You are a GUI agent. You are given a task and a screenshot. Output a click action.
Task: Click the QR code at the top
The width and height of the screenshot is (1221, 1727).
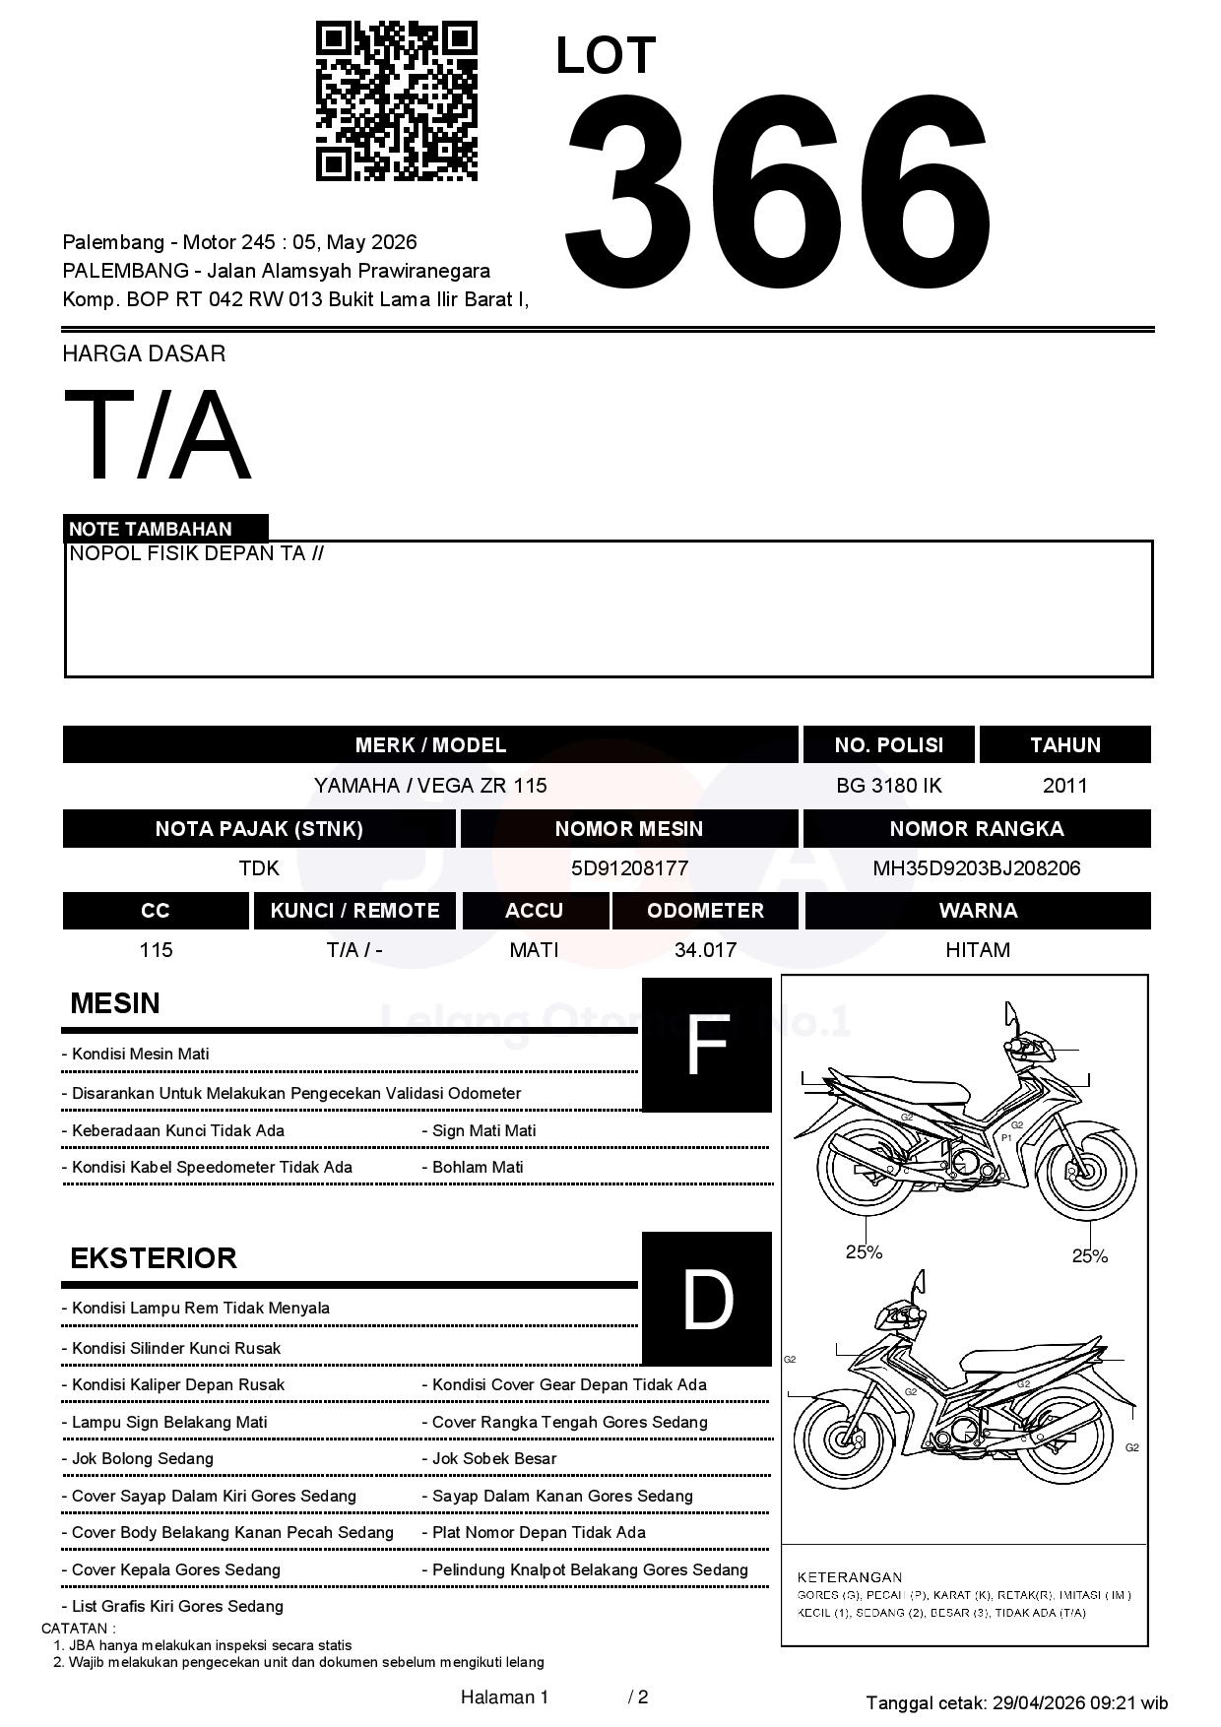tap(396, 102)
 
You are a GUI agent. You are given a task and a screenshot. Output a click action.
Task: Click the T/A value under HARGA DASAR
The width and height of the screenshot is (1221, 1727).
tap(158, 435)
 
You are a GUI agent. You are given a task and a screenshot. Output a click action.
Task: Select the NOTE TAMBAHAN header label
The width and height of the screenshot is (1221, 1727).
tap(151, 529)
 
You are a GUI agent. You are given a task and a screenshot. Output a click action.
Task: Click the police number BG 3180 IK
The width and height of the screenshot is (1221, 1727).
tap(888, 786)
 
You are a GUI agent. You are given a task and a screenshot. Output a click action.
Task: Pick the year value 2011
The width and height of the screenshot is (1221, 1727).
tap(1064, 786)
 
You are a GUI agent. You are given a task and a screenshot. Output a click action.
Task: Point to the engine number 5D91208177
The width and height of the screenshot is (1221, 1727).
tap(629, 868)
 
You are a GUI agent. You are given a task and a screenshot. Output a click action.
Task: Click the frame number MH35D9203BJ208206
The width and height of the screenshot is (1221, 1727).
tap(976, 868)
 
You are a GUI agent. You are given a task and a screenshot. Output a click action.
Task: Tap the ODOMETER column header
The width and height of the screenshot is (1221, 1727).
tap(705, 911)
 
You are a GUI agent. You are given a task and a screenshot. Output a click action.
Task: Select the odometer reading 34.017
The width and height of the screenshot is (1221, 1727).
tap(705, 950)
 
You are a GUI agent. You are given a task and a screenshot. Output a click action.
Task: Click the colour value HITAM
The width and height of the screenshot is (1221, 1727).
tap(978, 950)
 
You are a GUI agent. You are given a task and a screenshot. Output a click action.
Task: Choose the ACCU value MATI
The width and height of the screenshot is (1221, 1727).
tap(534, 950)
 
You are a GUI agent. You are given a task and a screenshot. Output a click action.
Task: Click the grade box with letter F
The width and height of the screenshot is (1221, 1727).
tap(706, 1045)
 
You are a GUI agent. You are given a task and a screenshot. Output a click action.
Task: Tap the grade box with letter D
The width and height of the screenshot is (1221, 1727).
tap(706, 1299)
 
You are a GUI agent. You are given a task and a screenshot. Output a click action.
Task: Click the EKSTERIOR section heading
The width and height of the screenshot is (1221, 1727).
tap(154, 1258)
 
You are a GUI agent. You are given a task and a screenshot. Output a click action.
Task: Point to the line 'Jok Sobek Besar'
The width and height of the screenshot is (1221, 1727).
tap(493, 1458)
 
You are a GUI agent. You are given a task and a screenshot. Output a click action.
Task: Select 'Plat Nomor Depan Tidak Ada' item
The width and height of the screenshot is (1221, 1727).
tap(539, 1532)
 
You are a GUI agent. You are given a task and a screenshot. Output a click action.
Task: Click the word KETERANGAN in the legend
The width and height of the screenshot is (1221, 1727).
tap(849, 1577)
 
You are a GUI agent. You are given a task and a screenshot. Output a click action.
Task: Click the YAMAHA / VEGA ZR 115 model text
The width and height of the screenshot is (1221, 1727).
tap(430, 786)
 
